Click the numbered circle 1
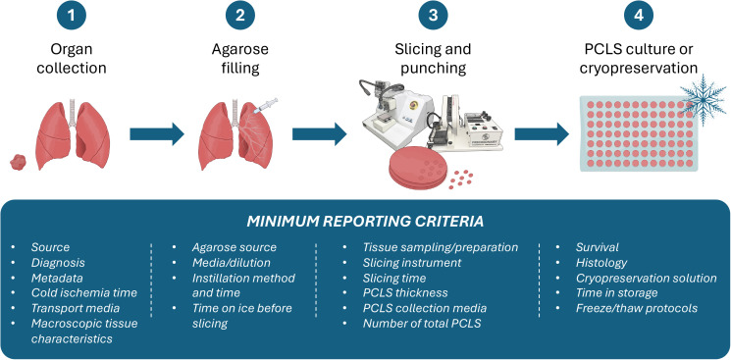tap(72, 16)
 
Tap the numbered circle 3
tap(433, 16)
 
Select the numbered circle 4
tap(639, 16)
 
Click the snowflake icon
tap(703, 99)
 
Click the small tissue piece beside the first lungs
tap(19, 162)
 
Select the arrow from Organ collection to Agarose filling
tap(157, 134)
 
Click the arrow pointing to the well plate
tap(542, 134)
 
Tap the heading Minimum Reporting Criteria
tap(365, 222)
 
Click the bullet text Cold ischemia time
tap(84, 293)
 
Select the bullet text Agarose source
tap(235, 247)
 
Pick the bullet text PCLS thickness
tap(405, 293)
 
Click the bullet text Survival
tap(598, 247)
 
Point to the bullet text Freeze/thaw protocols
tap(637, 308)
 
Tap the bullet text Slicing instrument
tap(412, 263)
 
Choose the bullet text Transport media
tap(76, 308)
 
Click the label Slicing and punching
tap(433, 59)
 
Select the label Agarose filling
tap(240, 59)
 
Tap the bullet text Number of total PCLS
tap(422, 323)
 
